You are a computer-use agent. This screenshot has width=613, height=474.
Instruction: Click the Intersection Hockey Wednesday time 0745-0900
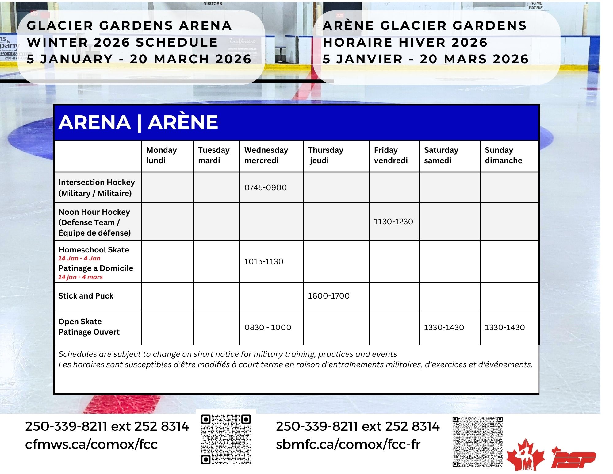pos(265,187)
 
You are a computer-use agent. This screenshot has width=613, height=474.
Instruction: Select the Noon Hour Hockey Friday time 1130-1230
pos(393,222)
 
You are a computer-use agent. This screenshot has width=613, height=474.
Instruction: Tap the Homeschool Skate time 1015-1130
pos(263,261)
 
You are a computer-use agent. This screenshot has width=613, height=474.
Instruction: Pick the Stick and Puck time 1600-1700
pos(328,296)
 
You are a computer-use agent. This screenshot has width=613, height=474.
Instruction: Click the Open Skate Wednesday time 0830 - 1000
pos(268,327)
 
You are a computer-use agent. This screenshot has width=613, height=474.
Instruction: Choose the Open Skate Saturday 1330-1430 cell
pos(444,327)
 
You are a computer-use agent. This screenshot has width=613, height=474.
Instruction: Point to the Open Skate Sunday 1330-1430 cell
pos(504,327)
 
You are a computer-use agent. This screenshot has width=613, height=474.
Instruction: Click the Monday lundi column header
pos(162,155)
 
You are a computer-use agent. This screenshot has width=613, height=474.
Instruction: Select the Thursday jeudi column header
pos(326,155)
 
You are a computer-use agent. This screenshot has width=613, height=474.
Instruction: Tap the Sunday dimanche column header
pos(503,155)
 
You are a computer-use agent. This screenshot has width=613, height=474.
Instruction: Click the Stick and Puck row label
pos(86,296)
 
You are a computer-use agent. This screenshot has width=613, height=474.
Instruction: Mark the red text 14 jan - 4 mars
pos(80,277)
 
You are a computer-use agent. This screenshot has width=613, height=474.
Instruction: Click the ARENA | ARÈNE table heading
pos(138,122)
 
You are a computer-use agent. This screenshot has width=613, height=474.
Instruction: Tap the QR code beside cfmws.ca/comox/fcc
pos(226,439)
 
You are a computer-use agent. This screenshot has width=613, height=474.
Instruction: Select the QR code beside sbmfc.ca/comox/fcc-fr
pos(477,441)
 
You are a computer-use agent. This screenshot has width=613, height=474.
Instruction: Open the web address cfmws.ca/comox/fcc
pos(91,444)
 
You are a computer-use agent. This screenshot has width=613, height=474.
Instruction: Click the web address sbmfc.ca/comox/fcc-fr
pos(348,444)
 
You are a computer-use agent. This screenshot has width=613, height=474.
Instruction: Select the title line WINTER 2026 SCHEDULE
pos(122,42)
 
